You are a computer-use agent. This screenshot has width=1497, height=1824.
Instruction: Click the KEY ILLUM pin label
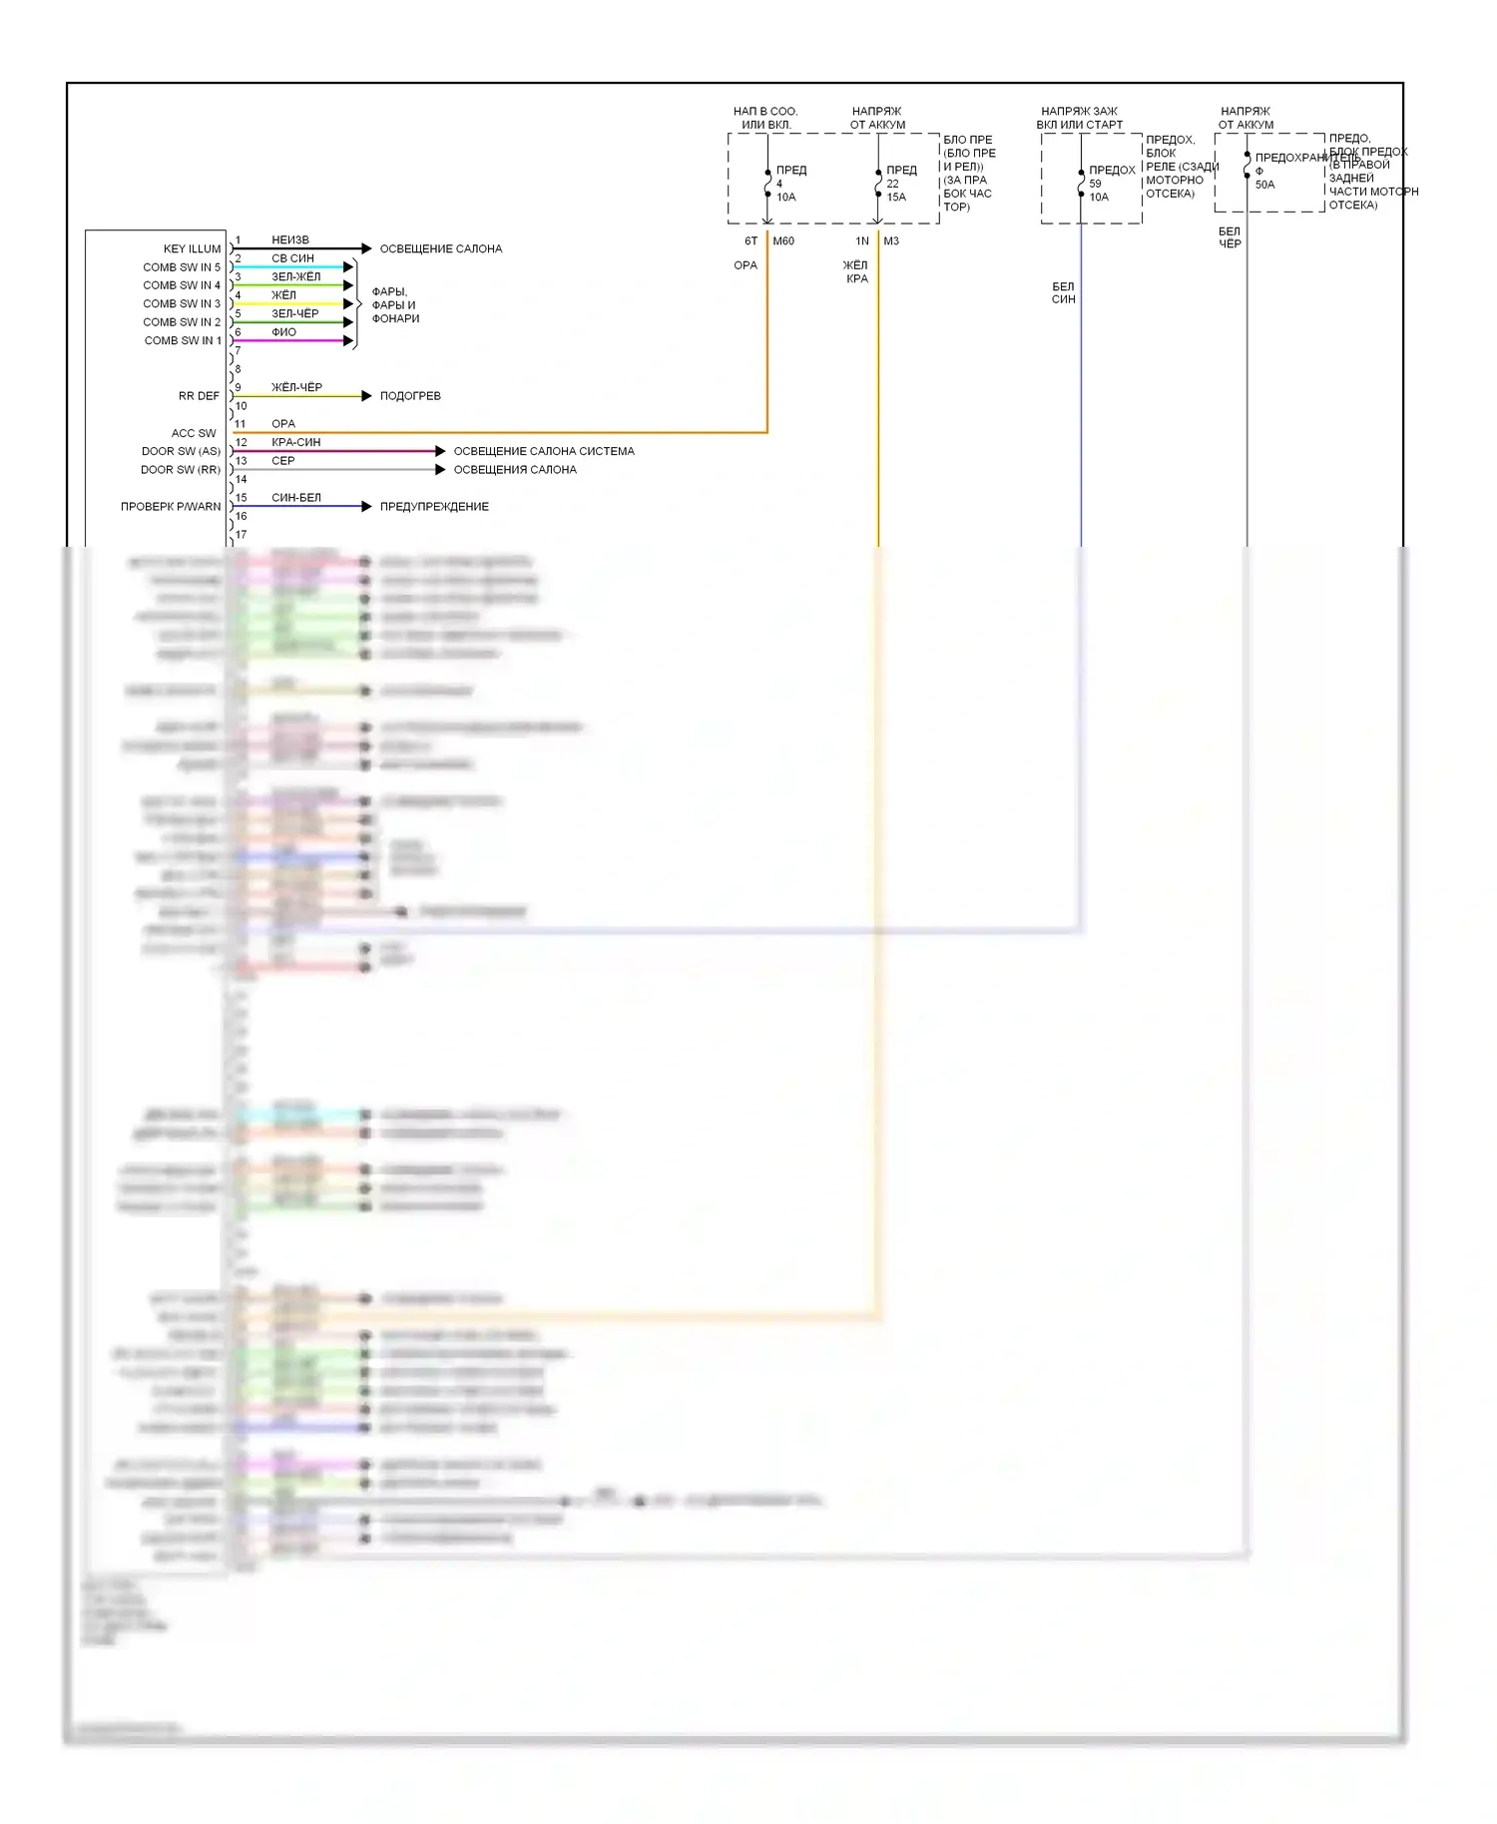coord(192,248)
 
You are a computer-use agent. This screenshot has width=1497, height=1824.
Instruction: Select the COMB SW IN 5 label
coord(181,267)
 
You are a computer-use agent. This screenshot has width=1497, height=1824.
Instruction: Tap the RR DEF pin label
coord(199,396)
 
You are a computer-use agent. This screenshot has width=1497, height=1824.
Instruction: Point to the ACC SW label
coord(194,433)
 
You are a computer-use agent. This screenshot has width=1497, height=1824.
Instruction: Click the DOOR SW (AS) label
coord(181,451)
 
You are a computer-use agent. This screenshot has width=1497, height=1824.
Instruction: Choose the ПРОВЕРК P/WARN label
coord(171,507)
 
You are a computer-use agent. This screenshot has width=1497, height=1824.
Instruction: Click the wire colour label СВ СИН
coord(292,258)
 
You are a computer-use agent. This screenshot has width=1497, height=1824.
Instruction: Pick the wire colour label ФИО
coord(283,332)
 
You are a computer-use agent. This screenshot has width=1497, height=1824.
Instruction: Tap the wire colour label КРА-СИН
coord(295,442)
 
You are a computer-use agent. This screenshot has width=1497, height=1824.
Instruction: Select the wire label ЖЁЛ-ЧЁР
coord(296,387)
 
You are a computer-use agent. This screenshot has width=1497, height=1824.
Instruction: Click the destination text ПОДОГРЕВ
coord(410,396)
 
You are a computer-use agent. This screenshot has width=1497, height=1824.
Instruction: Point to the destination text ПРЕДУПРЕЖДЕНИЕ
coord(434,507)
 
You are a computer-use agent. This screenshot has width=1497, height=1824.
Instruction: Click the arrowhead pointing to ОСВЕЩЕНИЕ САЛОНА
coord(366,248)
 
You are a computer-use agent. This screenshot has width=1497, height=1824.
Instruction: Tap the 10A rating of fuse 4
coord(786,198)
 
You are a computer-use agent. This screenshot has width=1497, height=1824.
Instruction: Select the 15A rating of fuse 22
coord(896,198)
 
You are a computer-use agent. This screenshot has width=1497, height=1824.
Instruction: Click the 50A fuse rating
coord(1264,185)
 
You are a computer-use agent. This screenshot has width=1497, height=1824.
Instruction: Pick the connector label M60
coord(783,241)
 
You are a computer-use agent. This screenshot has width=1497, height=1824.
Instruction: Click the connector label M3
coord(891,241)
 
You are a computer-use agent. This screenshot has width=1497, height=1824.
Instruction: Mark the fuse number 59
coord(1095,184)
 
